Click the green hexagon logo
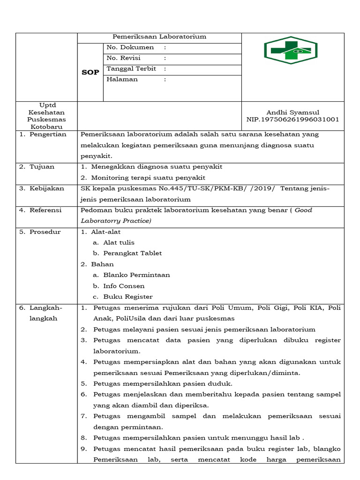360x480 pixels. [x=291, y=51]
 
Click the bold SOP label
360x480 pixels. [x=90, y=73]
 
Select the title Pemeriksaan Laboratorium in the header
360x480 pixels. [x=159, y=37]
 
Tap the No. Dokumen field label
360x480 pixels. [x=130, y=47]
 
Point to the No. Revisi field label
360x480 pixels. [x=124, y=58]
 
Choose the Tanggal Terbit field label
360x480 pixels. [x=131, y=68]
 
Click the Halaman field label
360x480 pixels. [x=122, y=79]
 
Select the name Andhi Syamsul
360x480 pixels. [x=292, y=112]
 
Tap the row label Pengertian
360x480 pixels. [x=48, y=135]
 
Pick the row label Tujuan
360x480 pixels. [x=42, y=167]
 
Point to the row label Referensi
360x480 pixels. [x=46, y=210]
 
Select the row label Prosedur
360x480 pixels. [x=45, y=232]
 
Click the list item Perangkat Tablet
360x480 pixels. [x=133, y=253]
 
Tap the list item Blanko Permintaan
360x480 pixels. [x=136, y=275]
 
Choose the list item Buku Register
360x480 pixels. [x=128, y=297]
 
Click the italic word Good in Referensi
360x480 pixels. [x=303, y=210]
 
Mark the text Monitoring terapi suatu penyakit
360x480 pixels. [x=148, y=178]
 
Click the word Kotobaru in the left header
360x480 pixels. [x=46, y=127]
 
